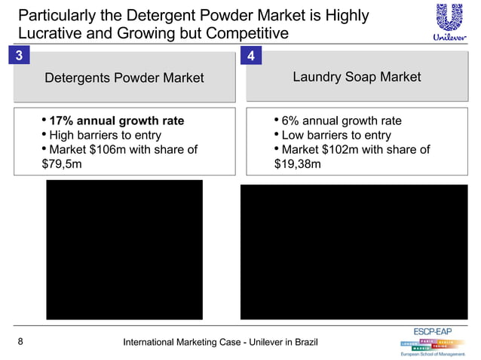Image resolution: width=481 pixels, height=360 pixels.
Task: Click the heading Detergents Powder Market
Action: click(x=124, y=78)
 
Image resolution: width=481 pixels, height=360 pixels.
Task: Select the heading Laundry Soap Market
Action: click(x=357, y=78)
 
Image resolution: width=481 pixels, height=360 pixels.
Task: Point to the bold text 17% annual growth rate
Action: click(x=116, y=121)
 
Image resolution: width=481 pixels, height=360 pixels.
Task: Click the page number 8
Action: click(x=20, y=343)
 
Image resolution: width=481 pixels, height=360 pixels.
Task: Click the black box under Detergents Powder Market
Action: click(x=124, y=249)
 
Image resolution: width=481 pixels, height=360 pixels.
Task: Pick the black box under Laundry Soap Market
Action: click(x=355, y=252)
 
